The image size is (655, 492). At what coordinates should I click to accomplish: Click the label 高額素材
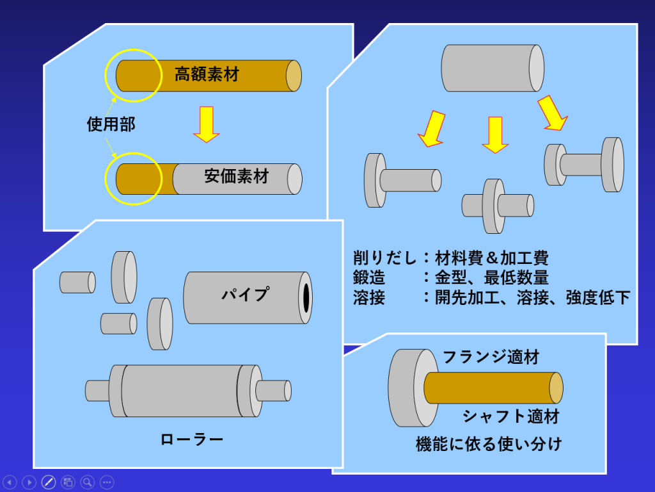click(x=206, y=74)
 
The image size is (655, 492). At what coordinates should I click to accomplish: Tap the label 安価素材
click(x=237, y=176)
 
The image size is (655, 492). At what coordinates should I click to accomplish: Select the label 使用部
click(x=111, y=124)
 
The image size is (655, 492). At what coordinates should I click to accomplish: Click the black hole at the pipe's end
click(x=306, y=297)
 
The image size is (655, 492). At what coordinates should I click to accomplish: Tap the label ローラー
click(x=192, y=439)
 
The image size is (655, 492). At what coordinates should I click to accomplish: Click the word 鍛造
click(x=369, y=278)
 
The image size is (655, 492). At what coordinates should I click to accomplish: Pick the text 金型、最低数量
click(x=491, y=278)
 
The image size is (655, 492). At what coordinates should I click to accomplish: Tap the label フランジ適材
click(x=491, y=357)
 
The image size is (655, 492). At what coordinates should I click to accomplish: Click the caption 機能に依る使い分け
click(x=489, y=443)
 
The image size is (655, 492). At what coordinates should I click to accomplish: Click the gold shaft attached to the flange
click(x=493, y=388)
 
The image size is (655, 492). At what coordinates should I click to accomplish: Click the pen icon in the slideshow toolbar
click(x=48, y=482)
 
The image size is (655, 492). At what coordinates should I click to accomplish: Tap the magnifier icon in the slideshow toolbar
click(x=88, y=482)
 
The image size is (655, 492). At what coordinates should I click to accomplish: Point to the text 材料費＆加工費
click(x=491, y=259)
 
